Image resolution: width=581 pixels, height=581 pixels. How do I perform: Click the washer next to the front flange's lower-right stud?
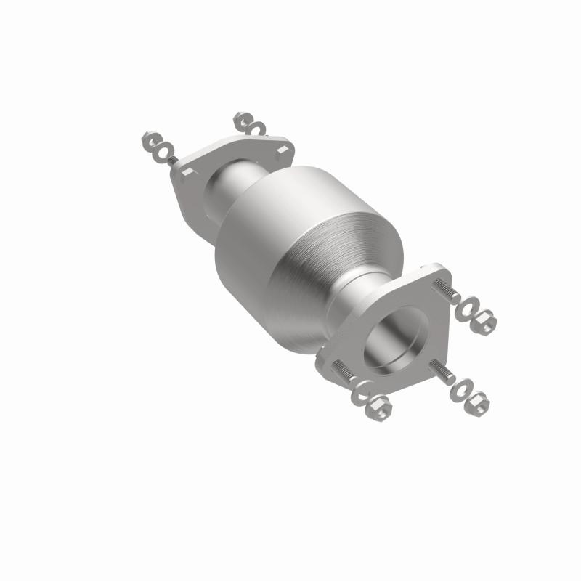(x=460, y=390)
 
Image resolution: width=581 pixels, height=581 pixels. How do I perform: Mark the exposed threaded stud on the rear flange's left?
(x=174, y=160)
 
